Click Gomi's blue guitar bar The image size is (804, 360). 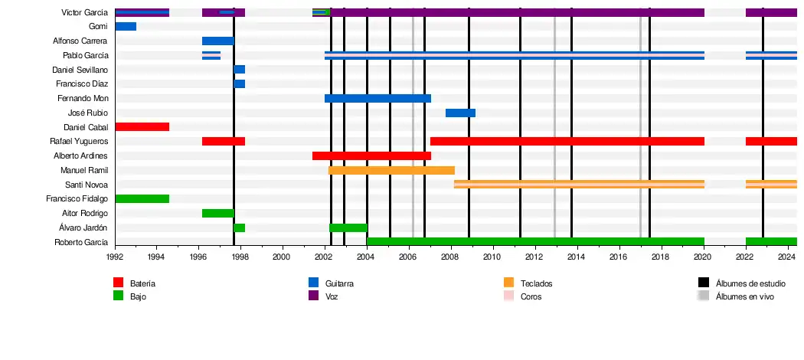[126, 27]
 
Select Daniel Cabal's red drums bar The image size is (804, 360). [142, 127]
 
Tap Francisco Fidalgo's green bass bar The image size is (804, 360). [142, 199]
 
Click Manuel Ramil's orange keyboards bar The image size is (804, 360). [391, 170]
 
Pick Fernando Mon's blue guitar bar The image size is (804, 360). [377, 99]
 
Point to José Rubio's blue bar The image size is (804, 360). [460, 113]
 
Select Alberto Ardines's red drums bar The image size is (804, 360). [371, 156]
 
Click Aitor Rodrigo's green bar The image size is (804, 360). [217, 214]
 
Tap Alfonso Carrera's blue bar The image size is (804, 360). [217, 41]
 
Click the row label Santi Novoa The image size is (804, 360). [87, 185]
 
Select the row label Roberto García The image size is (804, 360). [81, 243]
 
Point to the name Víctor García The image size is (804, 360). [84, 13]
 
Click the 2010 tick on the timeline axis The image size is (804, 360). [492, 257]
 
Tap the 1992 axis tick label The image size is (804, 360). [115, 257]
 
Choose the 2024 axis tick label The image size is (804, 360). [786, 257]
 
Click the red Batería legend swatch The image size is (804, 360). [118, 283]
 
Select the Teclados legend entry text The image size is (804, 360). [536, 284]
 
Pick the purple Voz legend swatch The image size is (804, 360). [313, 296]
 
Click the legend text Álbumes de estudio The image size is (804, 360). [750, 284]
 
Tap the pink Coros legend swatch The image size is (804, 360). [508, 296]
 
